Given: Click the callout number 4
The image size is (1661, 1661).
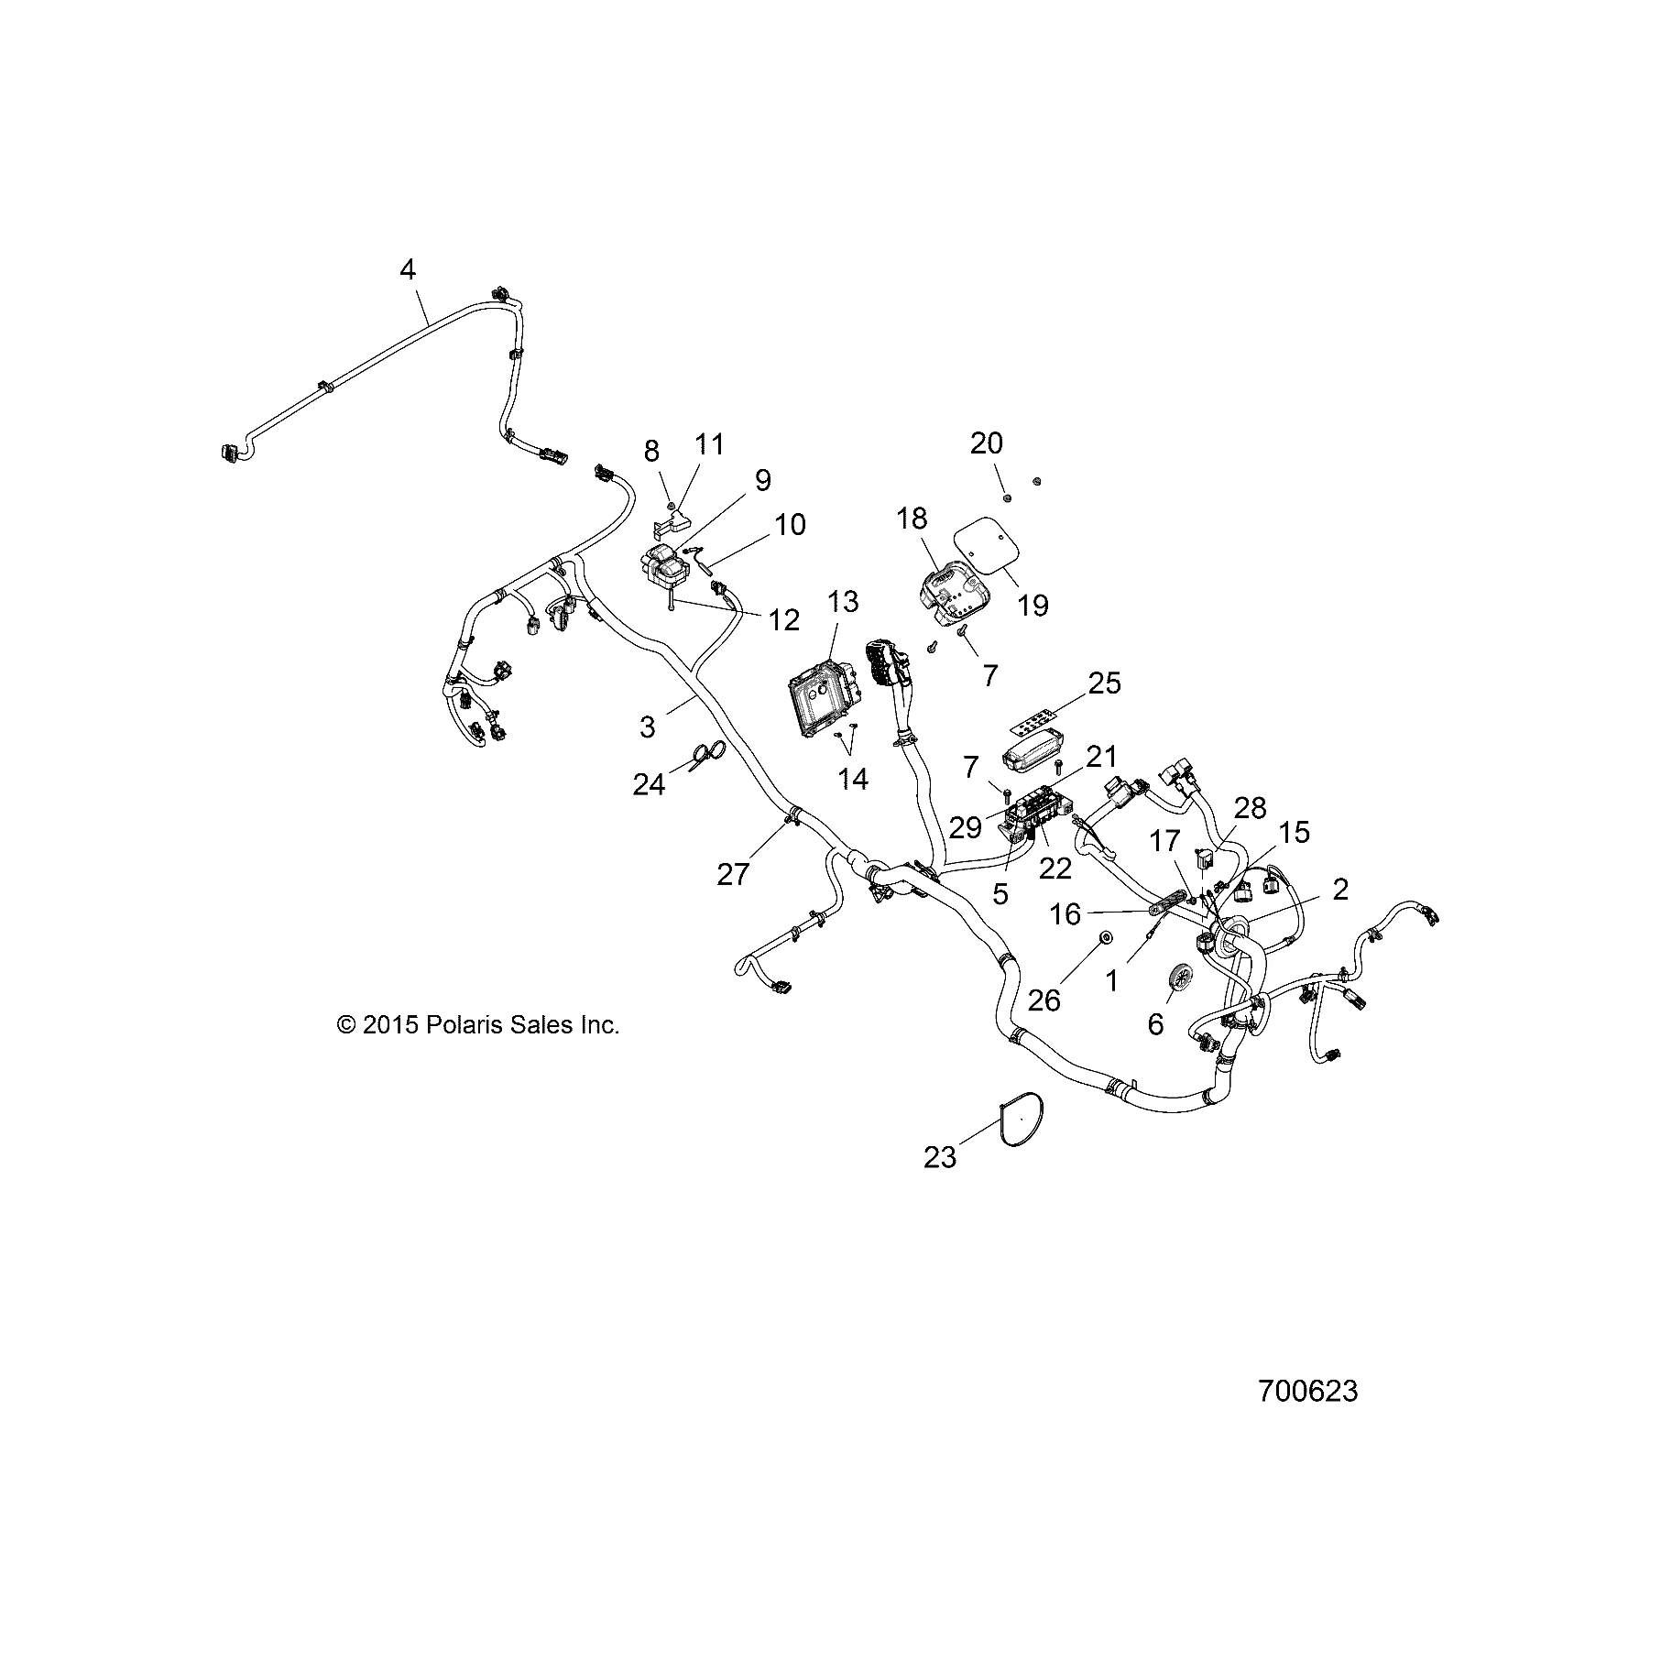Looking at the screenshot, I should pyautogui.click(x=408, y=269).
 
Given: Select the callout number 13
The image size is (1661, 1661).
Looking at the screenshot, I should pyautogui.click(x=843, y=602).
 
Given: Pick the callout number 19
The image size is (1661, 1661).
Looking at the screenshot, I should pyautogui.click(x=1033, y=605).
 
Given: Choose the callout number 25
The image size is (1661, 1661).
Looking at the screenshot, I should pyautogui.click(x=1105, y=683).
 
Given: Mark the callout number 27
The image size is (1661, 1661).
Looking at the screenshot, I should pyautogui.click(x=733, y=874).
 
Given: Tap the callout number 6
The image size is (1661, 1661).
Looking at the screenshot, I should pyautogui.click(x=1155, y=1023).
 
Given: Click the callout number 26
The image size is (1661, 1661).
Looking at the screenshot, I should pyautogui.click(x=1044, y=1000).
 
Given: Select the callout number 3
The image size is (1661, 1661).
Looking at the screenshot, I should pyautogui.click(x=647, y=727).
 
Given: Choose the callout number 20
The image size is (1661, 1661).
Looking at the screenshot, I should pyautogui.click(x=987, y=443).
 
